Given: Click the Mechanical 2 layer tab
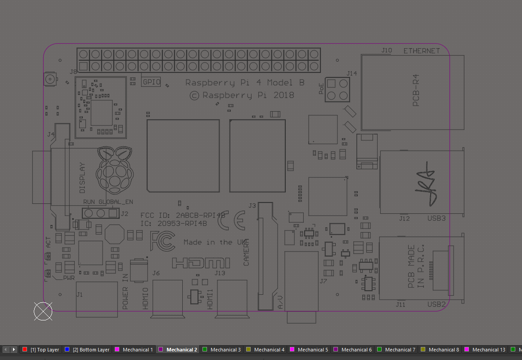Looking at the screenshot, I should [x=181, y=350].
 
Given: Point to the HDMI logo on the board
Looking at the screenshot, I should [x=201, y=263].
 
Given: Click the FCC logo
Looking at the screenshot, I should [x=162, y=241].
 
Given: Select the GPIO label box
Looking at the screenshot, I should [x=151, y=82].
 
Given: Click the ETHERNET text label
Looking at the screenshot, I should [x=422, y=51].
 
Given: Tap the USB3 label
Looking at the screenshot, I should [x=436, y=219].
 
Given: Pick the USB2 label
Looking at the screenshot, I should [x=436, y=305].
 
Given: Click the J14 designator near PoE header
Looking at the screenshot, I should [x=351, y=73].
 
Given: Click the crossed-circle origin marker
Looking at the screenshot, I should [x=43, y=311].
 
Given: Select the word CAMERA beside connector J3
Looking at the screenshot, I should [x=246, y=252].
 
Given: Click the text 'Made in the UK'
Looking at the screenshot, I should [x=214, y=242].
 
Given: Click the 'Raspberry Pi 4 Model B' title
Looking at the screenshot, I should [x=245, y=83].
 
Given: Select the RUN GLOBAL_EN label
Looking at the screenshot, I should [x=108, y=202].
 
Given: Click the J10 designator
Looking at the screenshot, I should [x=387, y=50].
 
